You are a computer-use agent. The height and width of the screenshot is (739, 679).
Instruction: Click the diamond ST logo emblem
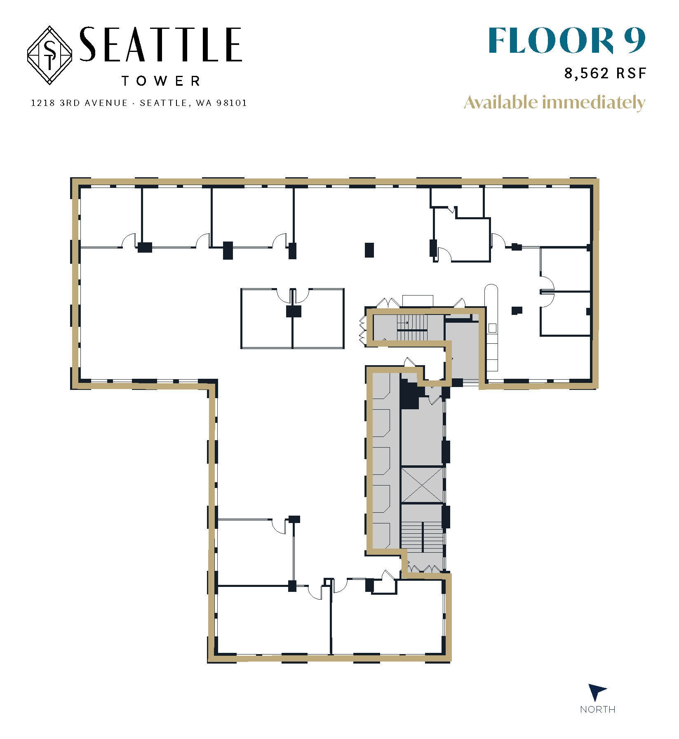[50, 56]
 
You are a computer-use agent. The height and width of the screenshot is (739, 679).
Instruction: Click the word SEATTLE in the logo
[160, 45]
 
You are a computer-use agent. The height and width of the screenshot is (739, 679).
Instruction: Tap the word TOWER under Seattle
[161, 81]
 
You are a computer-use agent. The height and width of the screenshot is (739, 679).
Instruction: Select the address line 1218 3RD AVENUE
[80, 103]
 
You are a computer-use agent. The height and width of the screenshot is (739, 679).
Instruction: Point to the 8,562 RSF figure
[604, 73]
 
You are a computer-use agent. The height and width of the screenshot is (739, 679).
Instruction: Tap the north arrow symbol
[596, 691]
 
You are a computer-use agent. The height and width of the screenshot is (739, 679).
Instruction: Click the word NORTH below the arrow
[597, 709]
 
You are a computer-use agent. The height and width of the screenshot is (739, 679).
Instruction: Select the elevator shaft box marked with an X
[423, 485]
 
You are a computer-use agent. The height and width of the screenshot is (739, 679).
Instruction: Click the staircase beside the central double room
[412, 328]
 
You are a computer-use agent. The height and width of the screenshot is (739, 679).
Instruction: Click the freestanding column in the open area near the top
[369, 250]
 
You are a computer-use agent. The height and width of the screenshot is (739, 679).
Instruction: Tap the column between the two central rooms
[293, 311]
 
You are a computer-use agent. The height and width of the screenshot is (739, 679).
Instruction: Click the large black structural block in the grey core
[409, 394]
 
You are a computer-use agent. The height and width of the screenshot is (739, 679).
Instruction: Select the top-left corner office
[110, 216]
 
